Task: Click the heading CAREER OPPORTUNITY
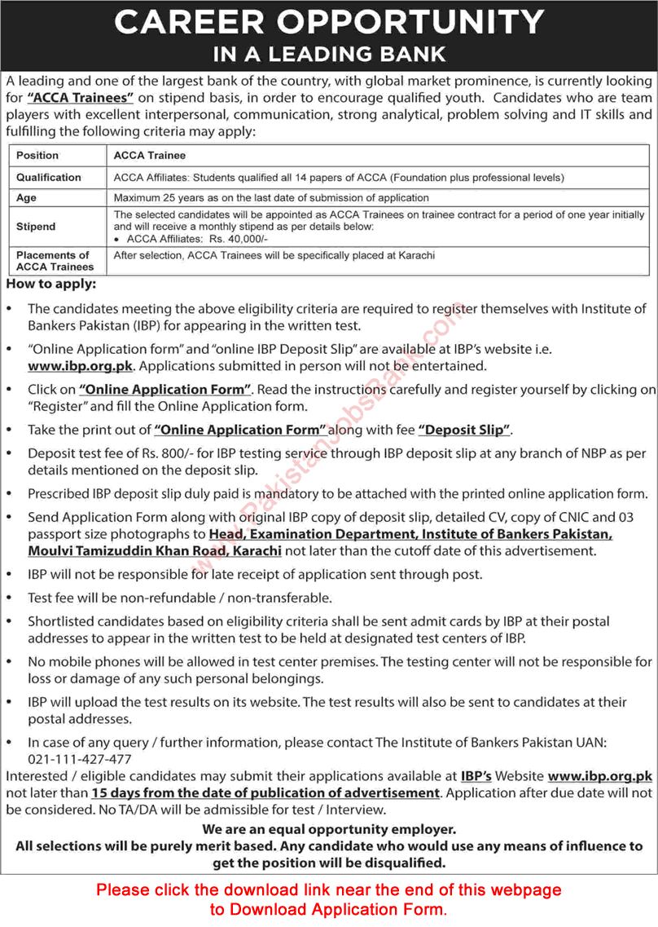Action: [x=329, y=22]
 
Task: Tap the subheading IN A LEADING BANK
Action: [x=329, y=55]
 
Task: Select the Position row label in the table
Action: [x=37, y=155]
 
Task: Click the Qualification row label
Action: [x=49, y=177]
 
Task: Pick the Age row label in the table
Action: [x=27, y=197]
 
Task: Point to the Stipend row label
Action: [x=36, y=226]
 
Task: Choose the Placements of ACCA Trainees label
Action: [x=55, y=261]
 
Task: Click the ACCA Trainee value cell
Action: [x=150, y=155]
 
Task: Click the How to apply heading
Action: [x=50, y=285]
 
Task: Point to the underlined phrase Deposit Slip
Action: [x=464, y=429]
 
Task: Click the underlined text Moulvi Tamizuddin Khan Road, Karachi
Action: [x=155, y=551]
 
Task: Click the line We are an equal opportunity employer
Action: [x=329, y=828]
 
